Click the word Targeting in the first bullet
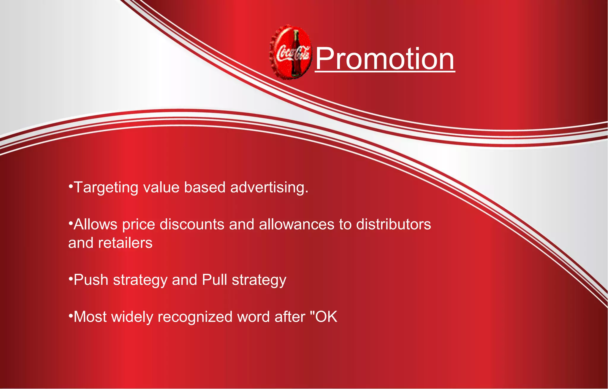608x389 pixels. [106, 188]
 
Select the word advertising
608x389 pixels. [269, 188]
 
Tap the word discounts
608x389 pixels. [192, 224]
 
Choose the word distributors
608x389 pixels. [393, 224]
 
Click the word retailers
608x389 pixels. [125, 243]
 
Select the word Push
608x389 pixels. [91, 280]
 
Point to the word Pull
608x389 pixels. [214, 280]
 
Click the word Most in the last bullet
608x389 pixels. [90, 317]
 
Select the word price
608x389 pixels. [139, 224]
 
